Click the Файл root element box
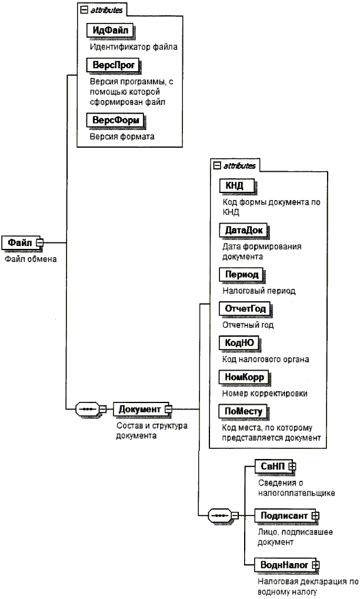(x=19, y=242)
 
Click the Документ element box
(x=140, y=409)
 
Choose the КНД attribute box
(x=231, y=186)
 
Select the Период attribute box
(x=238, y=274)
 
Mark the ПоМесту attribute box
(x=239, y=411)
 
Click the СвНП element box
(x=272, y=465)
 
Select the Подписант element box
(x=284, y=515)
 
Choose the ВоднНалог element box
(x=284, y=565)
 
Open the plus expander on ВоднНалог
(x=315, y=565)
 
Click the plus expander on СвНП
(x=291, y=465)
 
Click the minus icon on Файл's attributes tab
(x=83, y=9)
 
